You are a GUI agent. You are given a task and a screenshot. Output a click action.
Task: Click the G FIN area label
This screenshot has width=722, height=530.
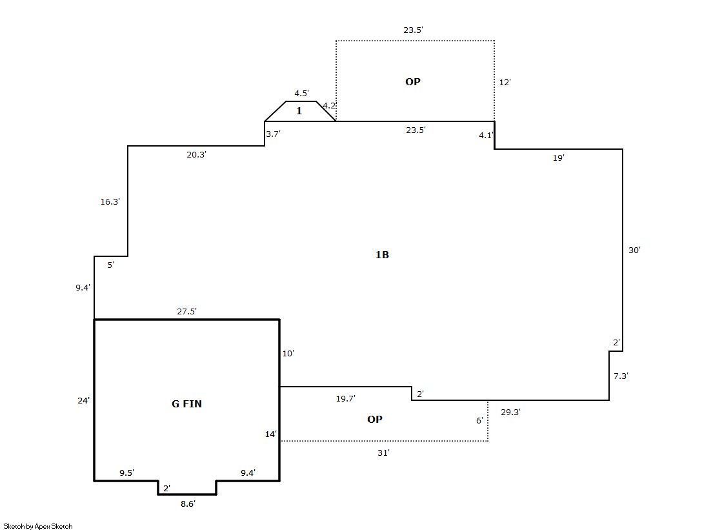[186, 403]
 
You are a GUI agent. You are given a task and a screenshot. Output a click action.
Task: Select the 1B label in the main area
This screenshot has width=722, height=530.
[382, 254]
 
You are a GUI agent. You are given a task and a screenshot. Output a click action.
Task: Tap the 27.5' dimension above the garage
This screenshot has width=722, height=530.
[186, 312]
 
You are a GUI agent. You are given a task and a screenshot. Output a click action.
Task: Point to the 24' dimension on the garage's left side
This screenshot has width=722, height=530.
[83, 400]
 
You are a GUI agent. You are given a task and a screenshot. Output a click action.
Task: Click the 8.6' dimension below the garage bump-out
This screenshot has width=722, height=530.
[188, 504]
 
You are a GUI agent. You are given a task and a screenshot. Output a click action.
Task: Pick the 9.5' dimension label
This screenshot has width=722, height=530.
[126, 473]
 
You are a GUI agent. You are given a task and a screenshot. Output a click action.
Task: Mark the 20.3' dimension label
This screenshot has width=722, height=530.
[196, 155]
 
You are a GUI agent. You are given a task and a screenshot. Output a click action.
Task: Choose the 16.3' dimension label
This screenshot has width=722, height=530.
[110, 201]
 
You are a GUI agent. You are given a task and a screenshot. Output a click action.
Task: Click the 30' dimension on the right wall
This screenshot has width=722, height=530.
[634, 250]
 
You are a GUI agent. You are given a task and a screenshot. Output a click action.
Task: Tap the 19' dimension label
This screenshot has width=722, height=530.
[559, 158]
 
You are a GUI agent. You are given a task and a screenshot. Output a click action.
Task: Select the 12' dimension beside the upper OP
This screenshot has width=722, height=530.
[505, 82]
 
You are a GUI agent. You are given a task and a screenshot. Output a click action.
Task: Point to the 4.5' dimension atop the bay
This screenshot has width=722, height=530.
[301, 93]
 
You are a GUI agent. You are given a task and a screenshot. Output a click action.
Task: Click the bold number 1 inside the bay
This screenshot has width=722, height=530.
[299, 110]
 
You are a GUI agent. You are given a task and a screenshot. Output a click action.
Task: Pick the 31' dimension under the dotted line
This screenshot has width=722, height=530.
[383, 453]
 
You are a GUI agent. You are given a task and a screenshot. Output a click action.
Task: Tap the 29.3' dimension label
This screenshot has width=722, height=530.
[510, 412]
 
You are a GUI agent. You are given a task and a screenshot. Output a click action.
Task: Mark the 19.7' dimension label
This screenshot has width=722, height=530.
[345, 399]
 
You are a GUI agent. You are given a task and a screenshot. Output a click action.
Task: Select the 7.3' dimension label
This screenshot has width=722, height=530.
[621, 376]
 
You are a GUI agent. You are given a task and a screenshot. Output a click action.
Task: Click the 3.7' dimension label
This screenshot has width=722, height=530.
[273, 134]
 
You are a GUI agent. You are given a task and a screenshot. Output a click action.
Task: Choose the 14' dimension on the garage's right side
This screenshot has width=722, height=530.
[271, 434]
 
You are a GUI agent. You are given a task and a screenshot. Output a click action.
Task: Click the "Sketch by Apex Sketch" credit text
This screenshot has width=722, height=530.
[38, 526]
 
